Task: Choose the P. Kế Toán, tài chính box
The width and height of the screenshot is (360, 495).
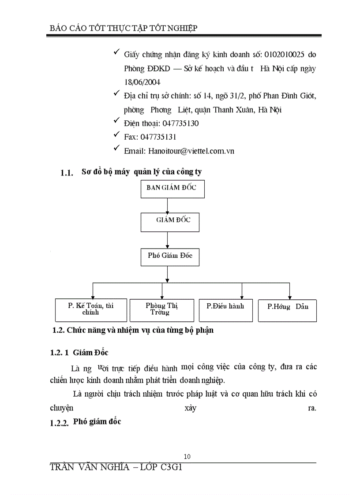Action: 91,310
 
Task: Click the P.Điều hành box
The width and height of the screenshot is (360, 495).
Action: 225,309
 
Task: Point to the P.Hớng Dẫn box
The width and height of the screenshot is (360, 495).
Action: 287,310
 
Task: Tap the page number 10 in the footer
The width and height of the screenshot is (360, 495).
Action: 187,456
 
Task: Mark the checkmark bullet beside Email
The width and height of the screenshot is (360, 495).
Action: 116,149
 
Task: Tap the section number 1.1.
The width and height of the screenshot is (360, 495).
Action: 66,173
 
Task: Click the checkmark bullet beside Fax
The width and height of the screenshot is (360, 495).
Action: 116,135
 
